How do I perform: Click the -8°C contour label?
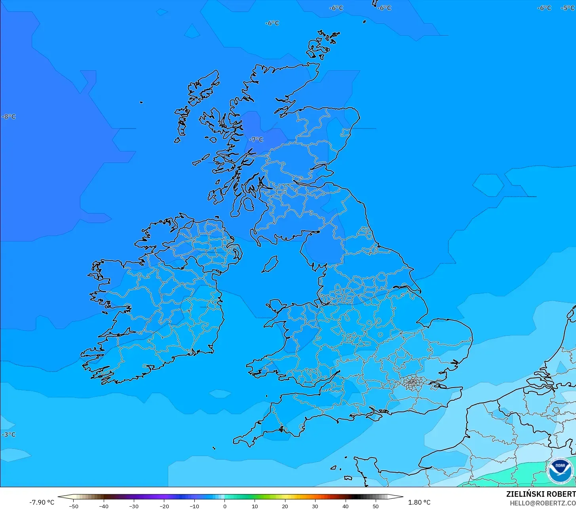9,117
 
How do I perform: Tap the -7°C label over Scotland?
256,140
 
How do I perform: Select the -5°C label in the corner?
568,8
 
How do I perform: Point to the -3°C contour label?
9,435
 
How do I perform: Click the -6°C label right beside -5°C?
544,8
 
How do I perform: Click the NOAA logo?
560,471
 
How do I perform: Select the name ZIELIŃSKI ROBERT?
541,494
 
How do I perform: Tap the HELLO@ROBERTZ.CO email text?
542,503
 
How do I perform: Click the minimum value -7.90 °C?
42,502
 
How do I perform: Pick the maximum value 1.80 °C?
419,502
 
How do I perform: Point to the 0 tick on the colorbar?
224,506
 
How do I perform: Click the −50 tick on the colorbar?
73,506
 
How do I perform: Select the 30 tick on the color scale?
315,506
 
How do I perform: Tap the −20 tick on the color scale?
164,506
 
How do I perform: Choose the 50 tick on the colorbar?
376,506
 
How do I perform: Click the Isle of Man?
270,264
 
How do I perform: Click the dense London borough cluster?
413,382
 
